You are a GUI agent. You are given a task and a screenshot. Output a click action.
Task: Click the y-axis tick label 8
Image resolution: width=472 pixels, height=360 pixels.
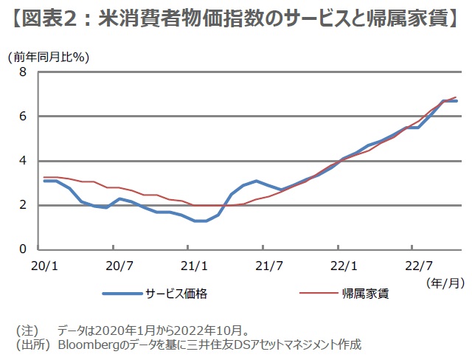tap(23, 72)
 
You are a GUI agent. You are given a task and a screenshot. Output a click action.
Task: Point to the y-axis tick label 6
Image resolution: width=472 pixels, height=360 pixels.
tap(23, 117)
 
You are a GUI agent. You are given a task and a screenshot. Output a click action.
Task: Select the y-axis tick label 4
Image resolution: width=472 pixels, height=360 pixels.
tap(23, 161)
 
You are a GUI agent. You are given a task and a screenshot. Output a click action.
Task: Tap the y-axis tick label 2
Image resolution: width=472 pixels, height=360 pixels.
tap(23, 205)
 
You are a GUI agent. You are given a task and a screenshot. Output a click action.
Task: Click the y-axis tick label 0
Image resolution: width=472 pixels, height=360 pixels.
tap(23, 249)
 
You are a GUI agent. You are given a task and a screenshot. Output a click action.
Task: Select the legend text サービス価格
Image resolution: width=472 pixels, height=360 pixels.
tap(177, 294)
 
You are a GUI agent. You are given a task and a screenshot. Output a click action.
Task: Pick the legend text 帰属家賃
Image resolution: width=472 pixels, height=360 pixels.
tap(365, 294)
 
